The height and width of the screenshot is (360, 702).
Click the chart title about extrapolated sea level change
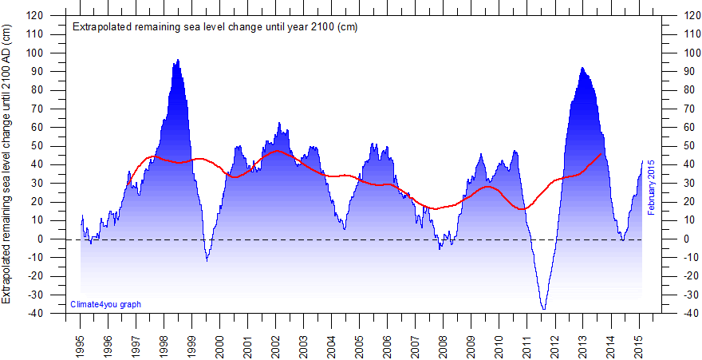215,26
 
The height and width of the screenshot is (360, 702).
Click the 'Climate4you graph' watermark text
105,304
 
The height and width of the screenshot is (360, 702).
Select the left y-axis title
7,164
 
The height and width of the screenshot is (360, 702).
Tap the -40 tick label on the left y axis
36,314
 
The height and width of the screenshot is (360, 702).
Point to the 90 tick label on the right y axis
685,72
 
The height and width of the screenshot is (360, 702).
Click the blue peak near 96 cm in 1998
177,60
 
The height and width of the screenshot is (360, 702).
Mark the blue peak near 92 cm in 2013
582,68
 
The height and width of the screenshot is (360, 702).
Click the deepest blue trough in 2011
544,309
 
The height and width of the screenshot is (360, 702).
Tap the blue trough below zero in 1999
207,260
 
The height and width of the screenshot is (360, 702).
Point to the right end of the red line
601,153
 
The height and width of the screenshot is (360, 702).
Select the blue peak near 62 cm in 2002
278,123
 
